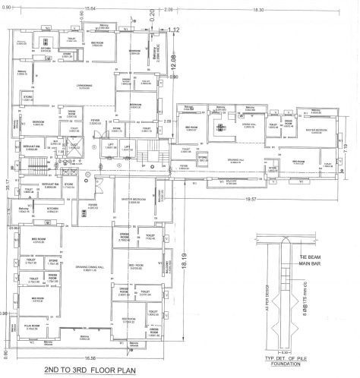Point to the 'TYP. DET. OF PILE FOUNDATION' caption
tap(286, 359)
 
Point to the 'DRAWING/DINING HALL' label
tap(86, 267)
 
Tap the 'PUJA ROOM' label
tap(31, 326)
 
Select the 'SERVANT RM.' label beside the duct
tap(30, 146)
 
